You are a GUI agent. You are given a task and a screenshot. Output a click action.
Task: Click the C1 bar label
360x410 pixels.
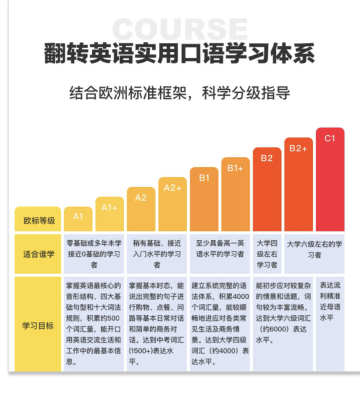(x=330, y=138)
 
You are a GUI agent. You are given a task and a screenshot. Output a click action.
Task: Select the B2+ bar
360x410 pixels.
(x=298, y=184)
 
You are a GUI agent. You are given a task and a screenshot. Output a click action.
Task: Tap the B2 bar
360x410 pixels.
(x=267, y=189)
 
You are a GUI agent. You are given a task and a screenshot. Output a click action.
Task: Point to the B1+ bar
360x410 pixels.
(x=235, y=194)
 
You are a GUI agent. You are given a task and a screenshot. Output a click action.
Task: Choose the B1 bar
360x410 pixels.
(x=204, y=199)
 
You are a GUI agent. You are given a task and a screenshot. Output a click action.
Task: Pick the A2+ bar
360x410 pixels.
(x=173, y=204)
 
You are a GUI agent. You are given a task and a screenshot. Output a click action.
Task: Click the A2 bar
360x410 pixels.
(x=141, y=209)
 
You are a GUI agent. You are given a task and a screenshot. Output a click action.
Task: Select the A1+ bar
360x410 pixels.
(x=110, y=214)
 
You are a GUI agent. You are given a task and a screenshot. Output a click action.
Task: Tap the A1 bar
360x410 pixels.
(x=78, y=219)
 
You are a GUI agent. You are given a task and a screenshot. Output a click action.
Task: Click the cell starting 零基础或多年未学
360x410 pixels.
(x=94, y=254)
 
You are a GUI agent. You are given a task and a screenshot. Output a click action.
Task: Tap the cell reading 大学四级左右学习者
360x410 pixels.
(x=267, y=254)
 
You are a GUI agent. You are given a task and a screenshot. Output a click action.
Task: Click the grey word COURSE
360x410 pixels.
(x=180, y=29)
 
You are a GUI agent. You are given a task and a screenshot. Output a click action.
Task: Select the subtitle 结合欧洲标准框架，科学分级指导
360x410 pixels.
(x=180, y=93)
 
